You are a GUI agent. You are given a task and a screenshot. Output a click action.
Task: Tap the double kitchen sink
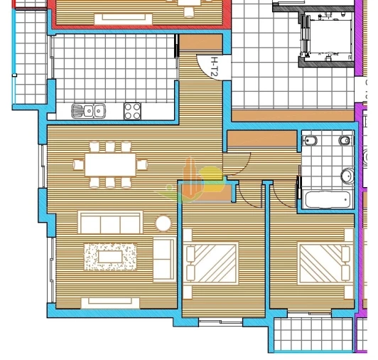tap(90, 110)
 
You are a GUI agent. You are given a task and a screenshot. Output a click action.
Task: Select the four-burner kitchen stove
tap(133, 110)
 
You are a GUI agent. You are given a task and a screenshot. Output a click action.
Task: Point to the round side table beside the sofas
tap(163, 223)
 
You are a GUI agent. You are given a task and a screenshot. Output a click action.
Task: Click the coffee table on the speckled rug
tap(109, 256)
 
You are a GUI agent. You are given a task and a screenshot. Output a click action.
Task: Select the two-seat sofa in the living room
tap(163, 259)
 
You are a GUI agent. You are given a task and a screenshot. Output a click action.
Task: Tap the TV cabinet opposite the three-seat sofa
tap(109, 303)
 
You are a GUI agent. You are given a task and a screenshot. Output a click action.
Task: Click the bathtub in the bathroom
tap(327, 199)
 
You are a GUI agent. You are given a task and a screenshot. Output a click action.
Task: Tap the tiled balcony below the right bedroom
tap(310, 334)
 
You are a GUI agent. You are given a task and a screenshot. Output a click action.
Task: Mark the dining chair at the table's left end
tap(78, 165)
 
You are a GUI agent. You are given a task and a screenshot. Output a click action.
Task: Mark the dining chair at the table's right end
tap(142, 165)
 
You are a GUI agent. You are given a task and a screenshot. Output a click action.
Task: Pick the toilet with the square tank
tap(311, 141)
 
